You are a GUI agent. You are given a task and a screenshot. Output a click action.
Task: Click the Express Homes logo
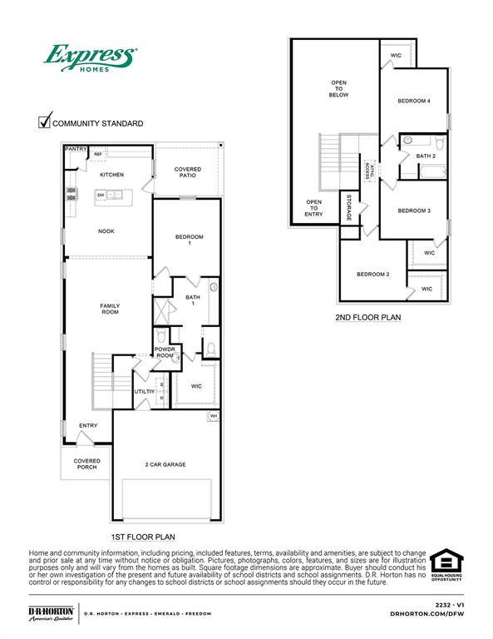[90, 61]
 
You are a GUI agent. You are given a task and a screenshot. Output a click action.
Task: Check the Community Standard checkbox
[46, 121]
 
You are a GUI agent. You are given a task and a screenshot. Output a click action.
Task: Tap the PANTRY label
[76, 149]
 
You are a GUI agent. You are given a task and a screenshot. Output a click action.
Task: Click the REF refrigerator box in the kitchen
[98, 154]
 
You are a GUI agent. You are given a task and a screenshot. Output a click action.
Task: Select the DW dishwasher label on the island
[101, 195]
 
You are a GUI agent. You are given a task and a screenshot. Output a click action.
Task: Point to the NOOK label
[106, 231]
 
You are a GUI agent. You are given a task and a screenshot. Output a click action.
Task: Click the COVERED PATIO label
[188, 172]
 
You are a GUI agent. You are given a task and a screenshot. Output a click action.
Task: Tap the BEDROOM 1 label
[189, 240]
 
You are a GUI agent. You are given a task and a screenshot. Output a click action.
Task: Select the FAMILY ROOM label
[110, 309]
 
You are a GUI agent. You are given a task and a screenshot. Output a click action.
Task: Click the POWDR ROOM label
[165, 352]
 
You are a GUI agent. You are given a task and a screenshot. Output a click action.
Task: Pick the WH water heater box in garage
[213, 416]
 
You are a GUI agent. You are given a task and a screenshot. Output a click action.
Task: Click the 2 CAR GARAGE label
[165, 465]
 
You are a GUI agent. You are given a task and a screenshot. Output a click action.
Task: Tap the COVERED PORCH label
[86, 463]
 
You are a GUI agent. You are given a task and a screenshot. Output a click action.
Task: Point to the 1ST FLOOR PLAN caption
[143, 537]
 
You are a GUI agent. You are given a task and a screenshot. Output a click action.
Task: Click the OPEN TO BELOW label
[338, 89]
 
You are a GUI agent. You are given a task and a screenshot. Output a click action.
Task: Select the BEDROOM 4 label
[414, 101]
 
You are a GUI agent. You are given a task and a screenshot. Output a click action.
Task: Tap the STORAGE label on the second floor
[349, 208]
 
